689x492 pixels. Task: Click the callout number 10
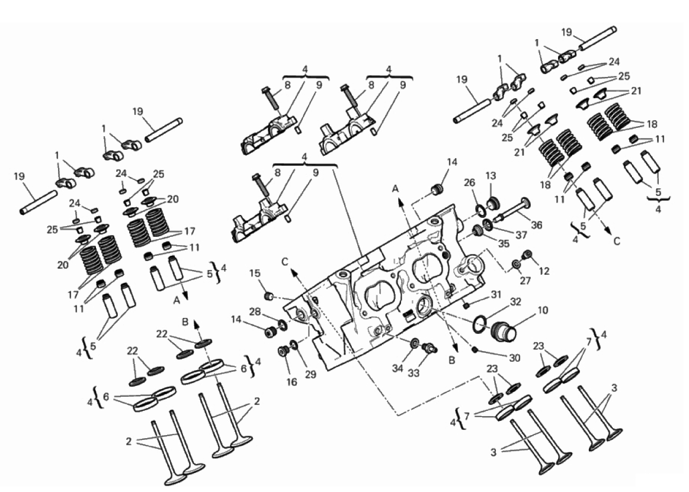(x=543, y=310)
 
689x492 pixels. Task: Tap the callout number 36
(x=536, y=225)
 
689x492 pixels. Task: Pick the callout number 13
(x=491, y=176)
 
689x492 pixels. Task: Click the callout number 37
(x=521, y=235)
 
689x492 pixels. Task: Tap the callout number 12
(x=543, y=272)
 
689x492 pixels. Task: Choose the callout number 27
(x=525, y=280)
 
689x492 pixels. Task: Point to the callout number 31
(x=496, y=294)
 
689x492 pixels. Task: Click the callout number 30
(x=514, y=358)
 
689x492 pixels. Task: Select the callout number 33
(x=414, y=373)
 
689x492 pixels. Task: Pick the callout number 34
(x=398, y=368)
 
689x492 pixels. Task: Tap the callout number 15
(x=255, y=274)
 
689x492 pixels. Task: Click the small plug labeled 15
(x=268, y=297)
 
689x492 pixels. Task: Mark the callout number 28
(x=255, y=312)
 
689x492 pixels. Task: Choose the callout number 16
(x=291, y=382)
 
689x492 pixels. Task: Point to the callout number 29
(x=310, y=375)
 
